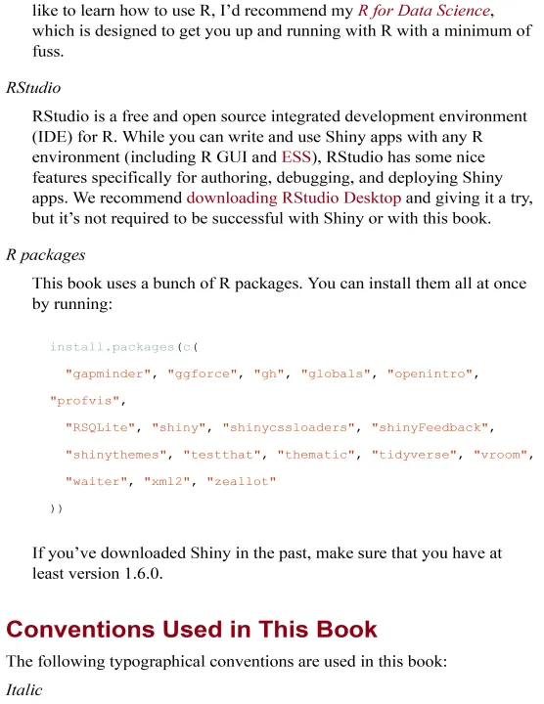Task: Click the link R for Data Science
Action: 424,11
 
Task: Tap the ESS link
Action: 296,156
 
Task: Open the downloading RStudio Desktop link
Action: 294,198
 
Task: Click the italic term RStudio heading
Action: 33,88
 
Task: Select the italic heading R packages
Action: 45,255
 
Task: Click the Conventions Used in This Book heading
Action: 192,629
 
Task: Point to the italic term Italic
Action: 23,689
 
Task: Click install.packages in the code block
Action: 112,347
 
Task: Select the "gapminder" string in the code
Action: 109,374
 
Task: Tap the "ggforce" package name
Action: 203,374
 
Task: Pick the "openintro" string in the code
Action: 430,374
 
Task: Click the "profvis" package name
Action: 84,401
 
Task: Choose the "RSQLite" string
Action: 100,427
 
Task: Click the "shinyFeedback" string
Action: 430,427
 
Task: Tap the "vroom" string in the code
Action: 500,455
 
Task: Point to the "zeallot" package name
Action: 242,481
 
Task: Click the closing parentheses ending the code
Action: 56,508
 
